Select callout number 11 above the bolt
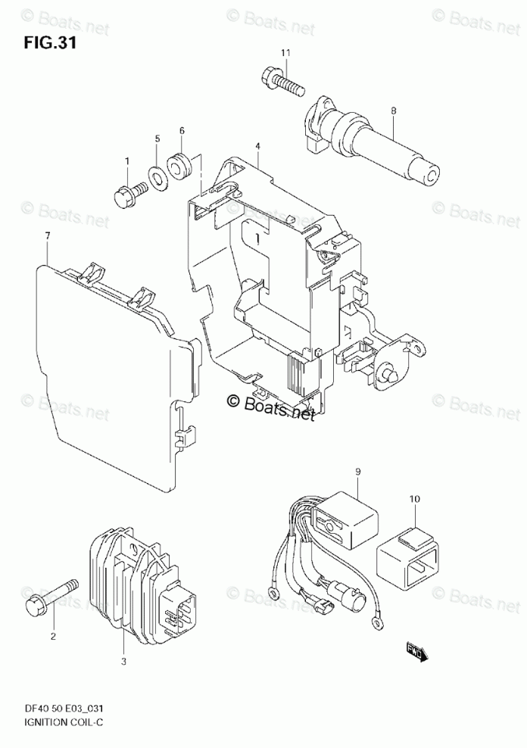285,52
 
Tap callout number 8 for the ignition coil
394,111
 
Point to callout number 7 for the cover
47,237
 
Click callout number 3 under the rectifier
123,661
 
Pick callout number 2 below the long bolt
53,636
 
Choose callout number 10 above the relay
414,500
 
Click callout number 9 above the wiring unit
357,472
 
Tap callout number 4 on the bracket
257,145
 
